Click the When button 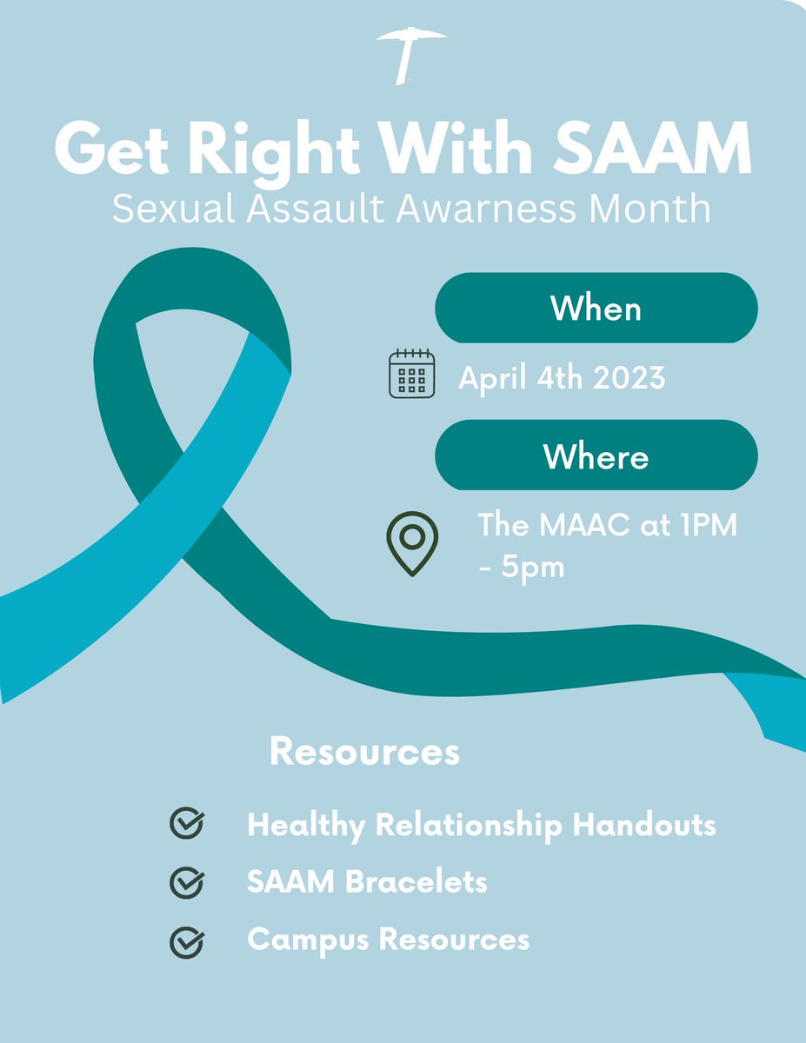pyautogui.click(x=596, y=308)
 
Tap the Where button pyautogui.click(x=596, y=456)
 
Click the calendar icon pyautogui.click(x=410, y=374)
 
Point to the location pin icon pyautogui.click(x=412, y=542)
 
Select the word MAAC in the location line pyautogui.click(x=580, y=525)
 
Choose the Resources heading pyautogui.click(x=364, y=752)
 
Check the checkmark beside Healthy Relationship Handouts pyautogui.click(x=187, y=824)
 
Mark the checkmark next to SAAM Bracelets pyautogui.click(x=187, y=882)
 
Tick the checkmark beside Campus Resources pyautogui.click(x=187, y=940)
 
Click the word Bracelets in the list pyautogui.click(x=416, y=882)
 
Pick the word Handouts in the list pyautogui.click(x=644, y=825)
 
